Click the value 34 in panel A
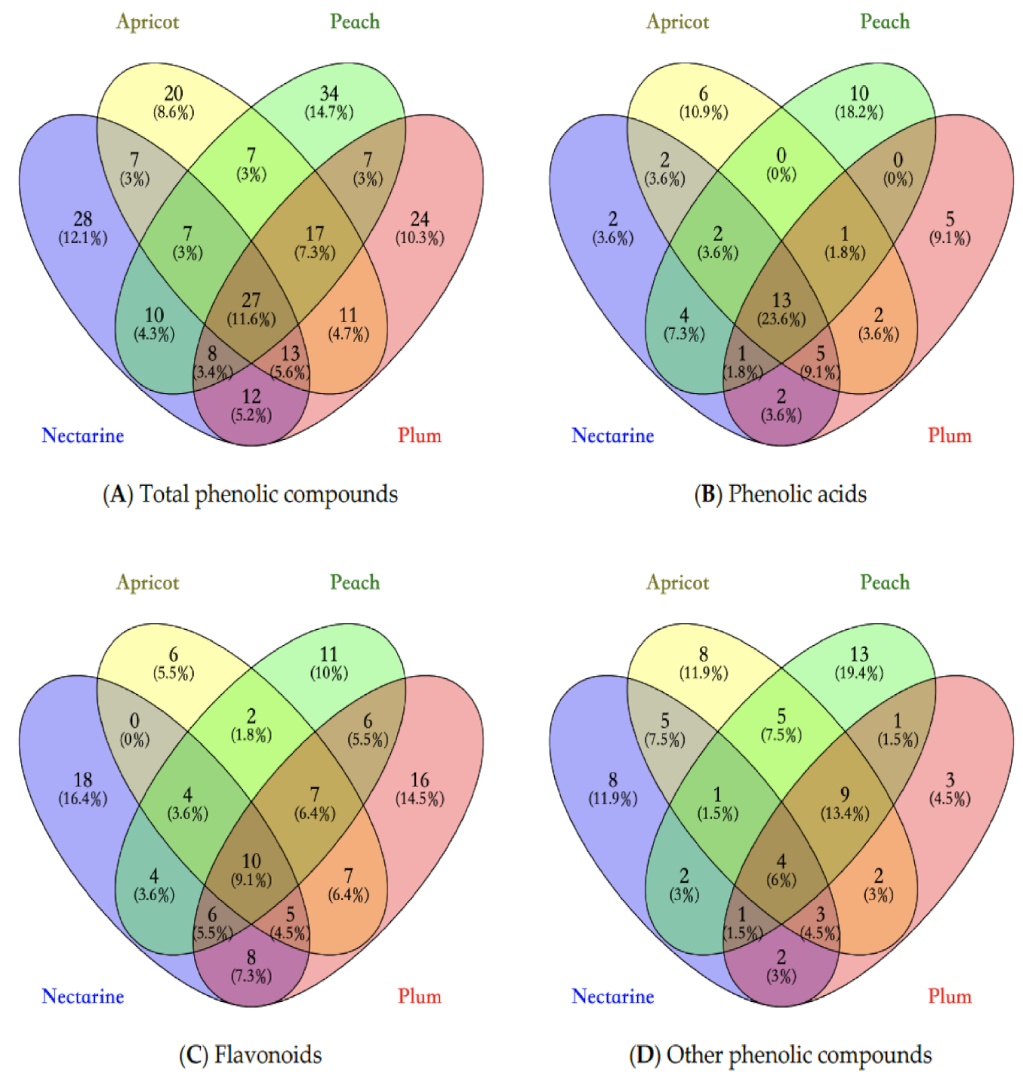point(328,94)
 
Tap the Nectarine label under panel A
point(82,435)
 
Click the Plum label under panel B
point(949,435)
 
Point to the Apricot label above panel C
point(147,582)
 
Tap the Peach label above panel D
point(885,582)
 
